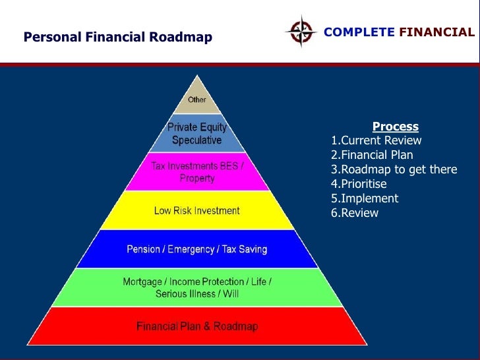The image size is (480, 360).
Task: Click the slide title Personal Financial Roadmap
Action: [x=118, y=38]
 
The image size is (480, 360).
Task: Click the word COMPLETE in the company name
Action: [x=359, y=32]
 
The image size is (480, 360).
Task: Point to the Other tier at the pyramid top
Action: [x=197, y=100]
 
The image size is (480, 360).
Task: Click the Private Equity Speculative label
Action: [x=197, y=134]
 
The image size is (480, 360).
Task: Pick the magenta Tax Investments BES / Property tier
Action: [x=197, y=172]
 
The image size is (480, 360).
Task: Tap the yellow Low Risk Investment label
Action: [x=197, y=211]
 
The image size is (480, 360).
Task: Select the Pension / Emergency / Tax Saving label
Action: [x=197, y=249]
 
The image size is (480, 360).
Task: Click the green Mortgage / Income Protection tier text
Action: [x=197, y=287]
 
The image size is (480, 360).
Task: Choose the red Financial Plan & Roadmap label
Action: [x=197, y=326]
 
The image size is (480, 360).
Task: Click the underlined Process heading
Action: [x=395, y=127]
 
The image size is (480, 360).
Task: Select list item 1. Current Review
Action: [x=376, y=140]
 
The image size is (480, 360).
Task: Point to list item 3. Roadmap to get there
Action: [x=394, y=169]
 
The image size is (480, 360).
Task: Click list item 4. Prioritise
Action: [x=359, y=184]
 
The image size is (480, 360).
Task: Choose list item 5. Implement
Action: [x=365, y=198]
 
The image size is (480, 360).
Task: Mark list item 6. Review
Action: [x=355, y=213]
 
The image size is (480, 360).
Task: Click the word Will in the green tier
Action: [x=230, y=293]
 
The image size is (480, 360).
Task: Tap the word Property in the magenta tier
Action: [x=197, y=178]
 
